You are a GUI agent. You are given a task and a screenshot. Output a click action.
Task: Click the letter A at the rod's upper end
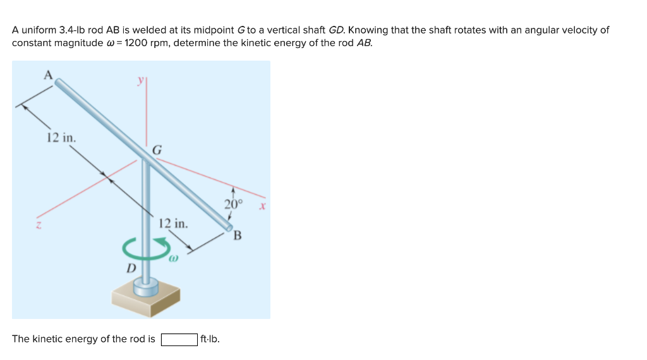coord(47,74)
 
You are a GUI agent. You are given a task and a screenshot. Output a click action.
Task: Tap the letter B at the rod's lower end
coord(238,236)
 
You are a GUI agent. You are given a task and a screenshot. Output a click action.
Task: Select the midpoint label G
coord(157,150)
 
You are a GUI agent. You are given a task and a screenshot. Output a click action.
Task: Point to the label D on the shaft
coord(131,268)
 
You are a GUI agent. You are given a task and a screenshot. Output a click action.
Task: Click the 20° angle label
coord(233,204)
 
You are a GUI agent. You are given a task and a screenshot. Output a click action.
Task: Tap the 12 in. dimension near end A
coord(61,138)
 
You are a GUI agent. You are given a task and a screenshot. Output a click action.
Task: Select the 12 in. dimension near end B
coord(173,223)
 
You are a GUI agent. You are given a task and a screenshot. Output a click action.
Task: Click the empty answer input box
coord(179,339)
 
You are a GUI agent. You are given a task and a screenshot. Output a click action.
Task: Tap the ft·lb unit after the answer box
coord(210,339)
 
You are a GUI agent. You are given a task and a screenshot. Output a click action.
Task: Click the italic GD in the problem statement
coord(336,30)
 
